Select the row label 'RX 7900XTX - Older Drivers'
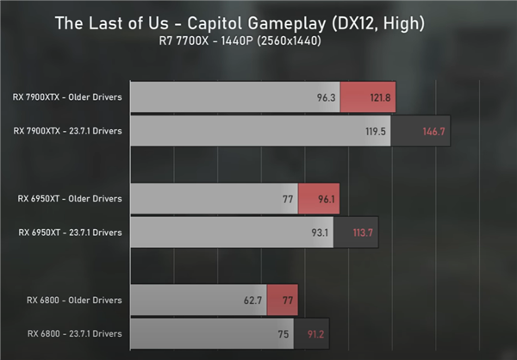(67, 97)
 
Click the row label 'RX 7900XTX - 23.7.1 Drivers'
(67, 131)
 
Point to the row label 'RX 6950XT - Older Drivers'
(70, 198)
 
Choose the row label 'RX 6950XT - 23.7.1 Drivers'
(70, 232)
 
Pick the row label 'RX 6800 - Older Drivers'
(74, 300)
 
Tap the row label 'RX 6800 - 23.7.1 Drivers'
(74, 333)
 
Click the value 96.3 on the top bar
(326, 98)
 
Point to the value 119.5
(375, 132)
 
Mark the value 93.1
(333, 233)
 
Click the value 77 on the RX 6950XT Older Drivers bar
(287, 199)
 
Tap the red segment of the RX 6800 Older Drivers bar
(282, 301)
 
